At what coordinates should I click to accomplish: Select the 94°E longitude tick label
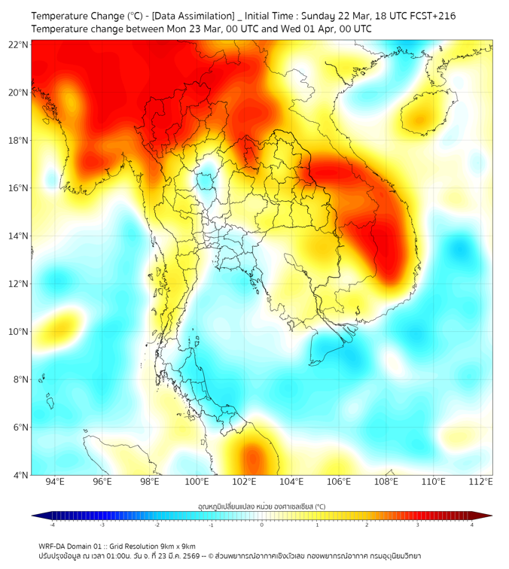click(x=55, y=482)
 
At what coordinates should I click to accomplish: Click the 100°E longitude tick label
click(x=197, y=482)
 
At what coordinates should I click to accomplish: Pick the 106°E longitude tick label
click(x=339, y=482)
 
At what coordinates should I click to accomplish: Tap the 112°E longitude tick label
click(x=480, y=482)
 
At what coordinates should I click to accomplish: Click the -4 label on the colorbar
click(x=51, y=525)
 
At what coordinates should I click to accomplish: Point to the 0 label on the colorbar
click(x=262, y=525)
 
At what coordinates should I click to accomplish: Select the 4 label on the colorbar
click(x=472, y=525)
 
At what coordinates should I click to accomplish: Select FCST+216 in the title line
click(x=430, y=16)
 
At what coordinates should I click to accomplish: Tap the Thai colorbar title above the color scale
click(x=261, y=507)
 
